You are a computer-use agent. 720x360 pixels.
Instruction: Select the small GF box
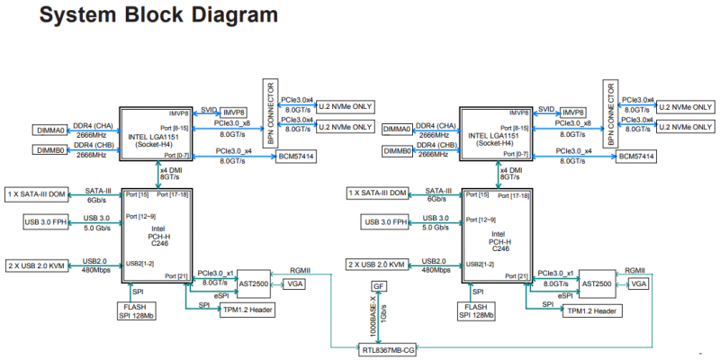(x=379, y=285)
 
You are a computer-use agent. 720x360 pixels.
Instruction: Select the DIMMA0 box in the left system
(x=50, y=130)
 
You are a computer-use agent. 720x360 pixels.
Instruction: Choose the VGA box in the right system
(x=639, y=283)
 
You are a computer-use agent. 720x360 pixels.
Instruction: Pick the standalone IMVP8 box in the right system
(x=571, y=112)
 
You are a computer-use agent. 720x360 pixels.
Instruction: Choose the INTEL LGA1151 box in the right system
(x=496, y=135)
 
